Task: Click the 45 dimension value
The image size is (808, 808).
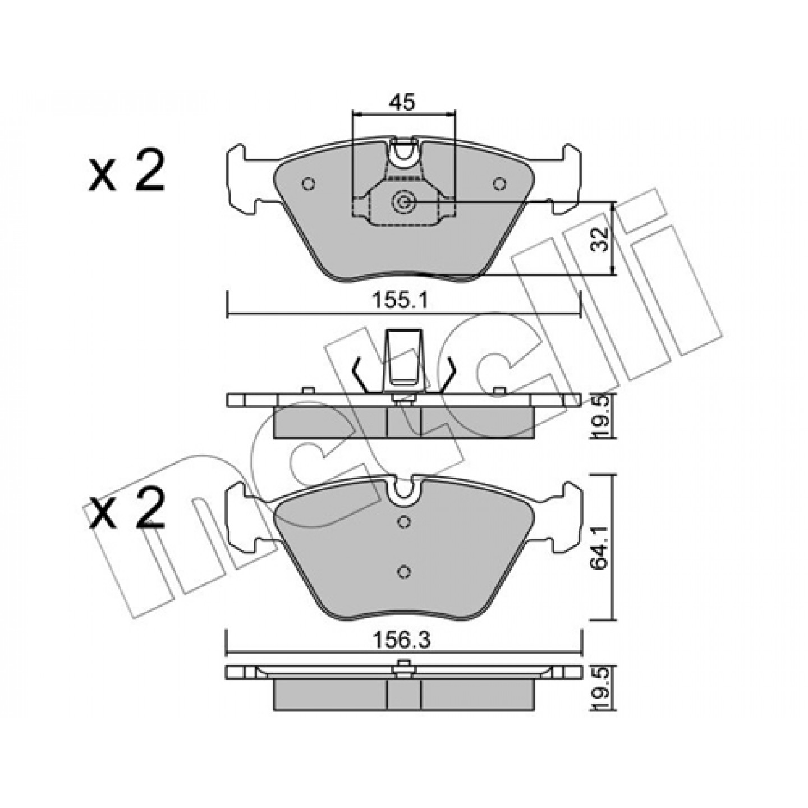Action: click(x=402, y=102)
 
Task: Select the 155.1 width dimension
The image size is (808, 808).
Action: click(x=401, y=301)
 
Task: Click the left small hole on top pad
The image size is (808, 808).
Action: click(x=309, y=183)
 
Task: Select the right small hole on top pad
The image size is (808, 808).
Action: click(x=499, y=183)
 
